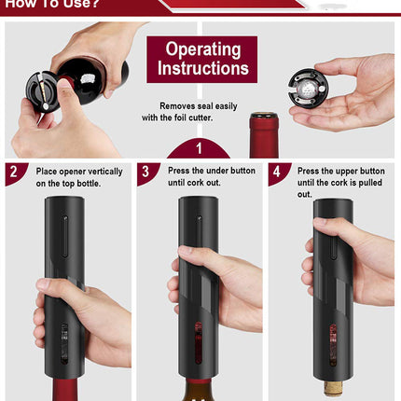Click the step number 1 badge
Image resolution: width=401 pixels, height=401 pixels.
tap(200, 148)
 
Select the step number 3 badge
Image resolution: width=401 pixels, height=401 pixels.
tap(147, 173)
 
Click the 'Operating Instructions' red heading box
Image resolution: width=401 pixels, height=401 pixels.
tap(202, 59)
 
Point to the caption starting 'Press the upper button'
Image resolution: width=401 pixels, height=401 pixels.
tap(340, 183)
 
